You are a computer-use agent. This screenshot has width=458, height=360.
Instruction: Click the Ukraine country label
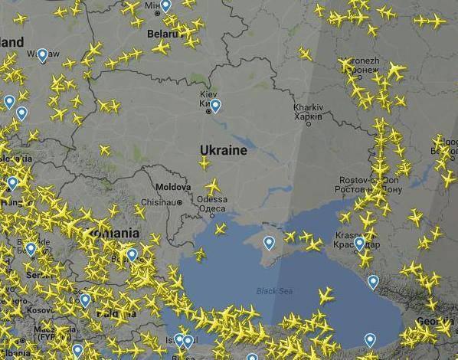click(x=224, y=150)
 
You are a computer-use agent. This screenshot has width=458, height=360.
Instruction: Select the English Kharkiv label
click(x=308, y=107)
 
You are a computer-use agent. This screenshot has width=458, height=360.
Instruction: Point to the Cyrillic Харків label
click(x=308, y=117)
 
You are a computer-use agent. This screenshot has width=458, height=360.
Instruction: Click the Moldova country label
click(x=172, y=187)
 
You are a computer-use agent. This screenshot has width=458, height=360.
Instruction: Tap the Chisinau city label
click(x=159, y=202)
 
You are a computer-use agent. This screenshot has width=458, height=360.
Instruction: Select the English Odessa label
click(x=211, y=199)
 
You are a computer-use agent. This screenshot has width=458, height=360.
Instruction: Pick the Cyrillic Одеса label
click(x=211, y=208)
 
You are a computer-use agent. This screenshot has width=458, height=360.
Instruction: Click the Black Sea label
click(x=274, y=290)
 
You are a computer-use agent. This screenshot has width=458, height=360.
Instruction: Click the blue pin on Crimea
click(x=269, y=243)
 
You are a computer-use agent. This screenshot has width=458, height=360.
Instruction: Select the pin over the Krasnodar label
click(x=359, y=244)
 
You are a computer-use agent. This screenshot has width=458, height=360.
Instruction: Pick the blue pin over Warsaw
click(x=42, y=54)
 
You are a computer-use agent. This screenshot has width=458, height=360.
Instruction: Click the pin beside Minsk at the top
click(x=166, y=6)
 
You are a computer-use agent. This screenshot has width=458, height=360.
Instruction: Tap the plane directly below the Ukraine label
click(x=204, y=163)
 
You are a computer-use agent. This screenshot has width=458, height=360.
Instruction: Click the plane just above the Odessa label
click(x=212, y=186)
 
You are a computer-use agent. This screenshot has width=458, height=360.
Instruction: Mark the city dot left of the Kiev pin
click(x=208, y=111)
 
